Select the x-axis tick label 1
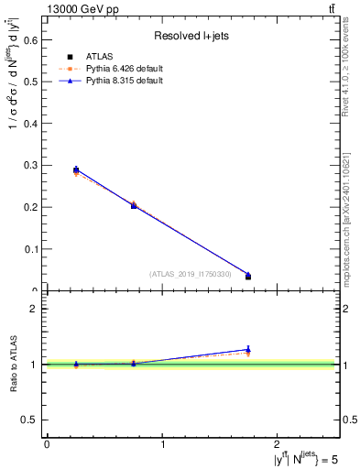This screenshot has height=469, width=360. point(162,444)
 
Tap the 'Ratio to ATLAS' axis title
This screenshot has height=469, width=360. point(13,365)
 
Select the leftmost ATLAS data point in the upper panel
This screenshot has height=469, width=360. point(76,169)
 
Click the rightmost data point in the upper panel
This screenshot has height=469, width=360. point(248,276)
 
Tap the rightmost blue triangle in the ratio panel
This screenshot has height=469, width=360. point(248,349)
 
